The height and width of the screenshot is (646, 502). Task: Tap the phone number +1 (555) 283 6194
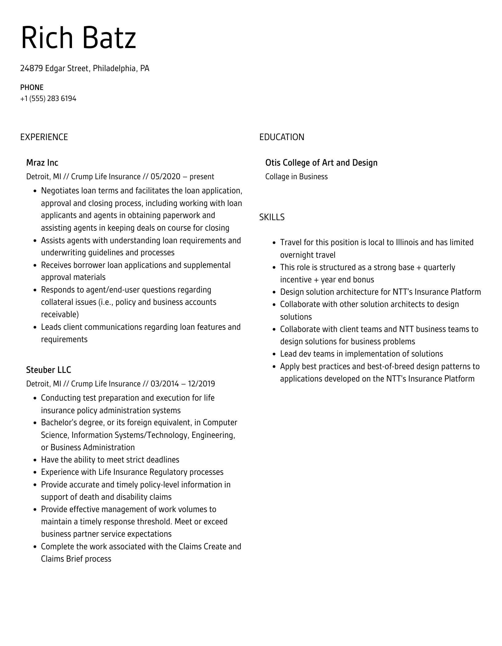click(x=48, y=99)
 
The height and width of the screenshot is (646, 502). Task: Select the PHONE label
click(x=32, y=87)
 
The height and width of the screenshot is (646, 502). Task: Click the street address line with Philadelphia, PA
click(x=85, y=68)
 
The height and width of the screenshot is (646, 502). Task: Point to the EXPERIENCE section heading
click(x=44, y=137)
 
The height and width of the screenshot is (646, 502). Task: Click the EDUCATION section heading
click(x=281, y=137)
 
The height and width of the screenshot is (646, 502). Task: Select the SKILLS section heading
click(x=272, y=217)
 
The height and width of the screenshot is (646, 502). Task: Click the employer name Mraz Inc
click(x=42, y=163)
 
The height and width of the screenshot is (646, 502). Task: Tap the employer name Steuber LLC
click(x=49, y=370)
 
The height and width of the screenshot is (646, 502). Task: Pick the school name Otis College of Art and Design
click(x=321, y=163)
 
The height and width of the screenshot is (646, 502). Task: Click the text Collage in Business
click(x=296, y=177)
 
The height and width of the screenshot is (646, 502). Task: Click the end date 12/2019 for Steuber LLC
click(x=201, y=384)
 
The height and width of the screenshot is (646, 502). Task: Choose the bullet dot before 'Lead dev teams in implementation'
click(x=274, y=354)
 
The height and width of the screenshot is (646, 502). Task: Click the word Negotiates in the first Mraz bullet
click(x=60, y=191)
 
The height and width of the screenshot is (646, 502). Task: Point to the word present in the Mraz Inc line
click(x=202, y=177)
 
